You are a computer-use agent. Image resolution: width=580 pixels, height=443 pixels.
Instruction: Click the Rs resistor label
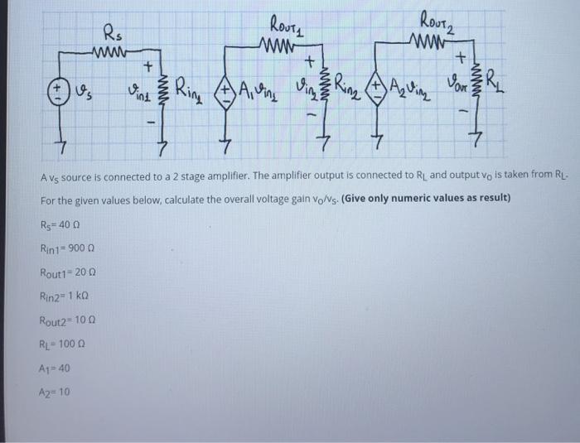pos(112,34)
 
